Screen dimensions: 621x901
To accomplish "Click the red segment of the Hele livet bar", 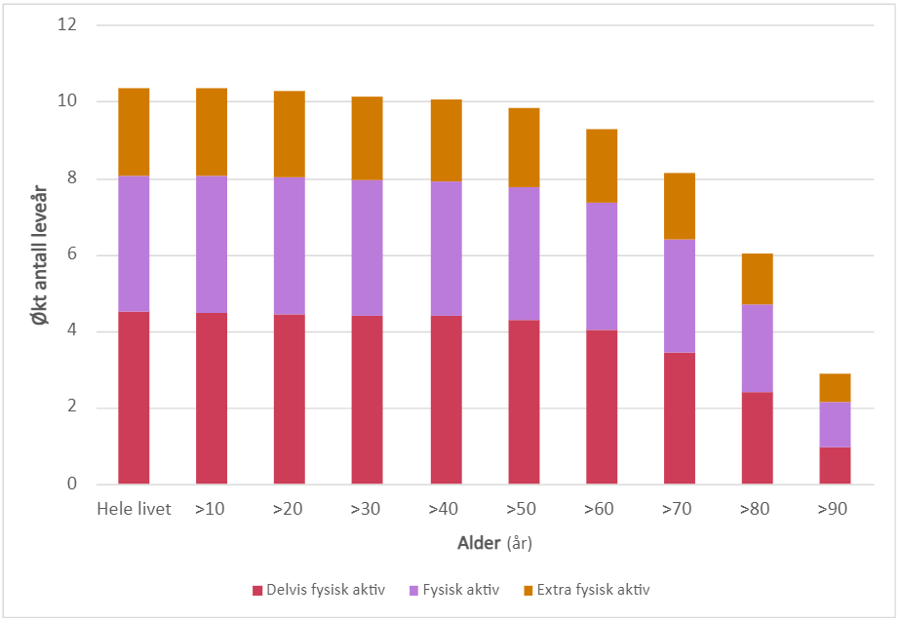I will (x=134, y=398).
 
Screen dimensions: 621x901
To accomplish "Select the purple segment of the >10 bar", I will (x=212, y=245).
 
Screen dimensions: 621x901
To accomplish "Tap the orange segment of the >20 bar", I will (x=290, y=134).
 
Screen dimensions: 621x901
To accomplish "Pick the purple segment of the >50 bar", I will (x=524, y=253).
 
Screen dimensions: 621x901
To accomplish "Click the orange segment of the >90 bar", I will (x=835, y=388).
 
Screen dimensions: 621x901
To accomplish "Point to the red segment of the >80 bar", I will (x=757, y=438).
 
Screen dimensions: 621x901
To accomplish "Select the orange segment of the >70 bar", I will (x=680, y=206).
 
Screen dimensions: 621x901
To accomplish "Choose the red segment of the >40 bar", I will (x=446, y=400).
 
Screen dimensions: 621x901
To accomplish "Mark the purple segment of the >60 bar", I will (x=602, y=266).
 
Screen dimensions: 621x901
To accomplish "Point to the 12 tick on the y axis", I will (x=67, y=25).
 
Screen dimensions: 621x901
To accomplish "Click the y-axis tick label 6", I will (x=72, y=255).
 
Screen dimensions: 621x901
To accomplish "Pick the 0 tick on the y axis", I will (x=72, y=485).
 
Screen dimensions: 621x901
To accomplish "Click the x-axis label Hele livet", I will (x=134, y=510).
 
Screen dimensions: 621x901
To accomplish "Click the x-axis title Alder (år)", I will (x=494, y=542).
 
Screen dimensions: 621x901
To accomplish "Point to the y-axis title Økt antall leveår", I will (x=40, y=253).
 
